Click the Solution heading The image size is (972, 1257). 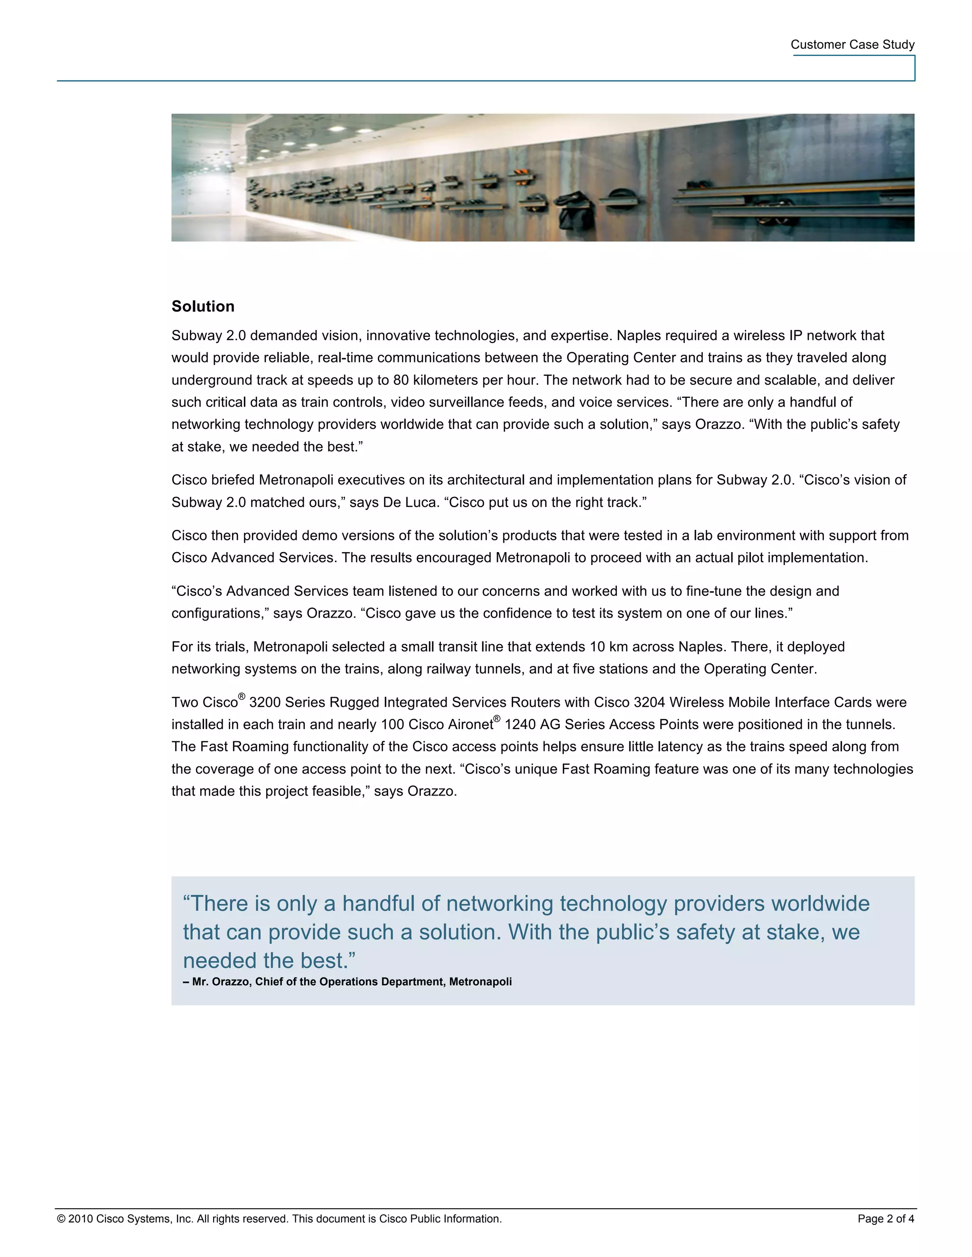tap(203, 306)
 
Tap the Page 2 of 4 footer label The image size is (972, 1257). tap(885, 1219)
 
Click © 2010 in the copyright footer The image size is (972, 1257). tap(75, 1219)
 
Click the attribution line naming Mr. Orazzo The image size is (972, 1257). tap(347, 982)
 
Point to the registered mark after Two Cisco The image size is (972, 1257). tap(242, 696)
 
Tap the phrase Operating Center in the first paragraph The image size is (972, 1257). tap(621, 358)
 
